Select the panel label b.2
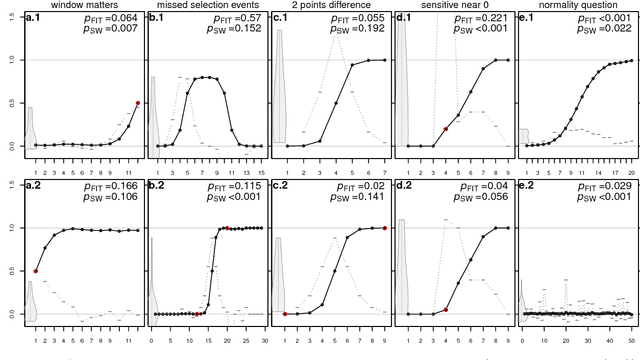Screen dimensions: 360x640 coord(157,187)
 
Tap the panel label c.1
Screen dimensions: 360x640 coord(281,18)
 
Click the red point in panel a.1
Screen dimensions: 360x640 coord(137,103)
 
